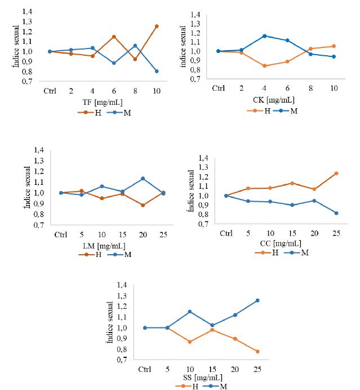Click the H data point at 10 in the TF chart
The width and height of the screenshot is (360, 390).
coord(157,26)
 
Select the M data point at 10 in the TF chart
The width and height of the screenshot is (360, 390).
coord(157,71)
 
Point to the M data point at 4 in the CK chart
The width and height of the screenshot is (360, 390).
coord(264,36)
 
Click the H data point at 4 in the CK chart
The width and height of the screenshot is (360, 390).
coord(264,66)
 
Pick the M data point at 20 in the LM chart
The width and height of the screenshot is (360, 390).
coord(143,179)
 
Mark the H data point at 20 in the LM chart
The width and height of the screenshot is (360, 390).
coord(143,205)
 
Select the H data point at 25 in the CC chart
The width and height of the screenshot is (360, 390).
coord(336,173)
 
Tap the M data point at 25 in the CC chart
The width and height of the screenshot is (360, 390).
coord(336,213)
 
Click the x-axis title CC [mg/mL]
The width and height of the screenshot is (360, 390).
coord(281,243)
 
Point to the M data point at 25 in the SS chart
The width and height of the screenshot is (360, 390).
coord(257,300)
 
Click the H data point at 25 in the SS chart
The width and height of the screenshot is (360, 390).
coord(257,352)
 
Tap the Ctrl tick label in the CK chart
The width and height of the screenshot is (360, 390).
coord(218,88)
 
